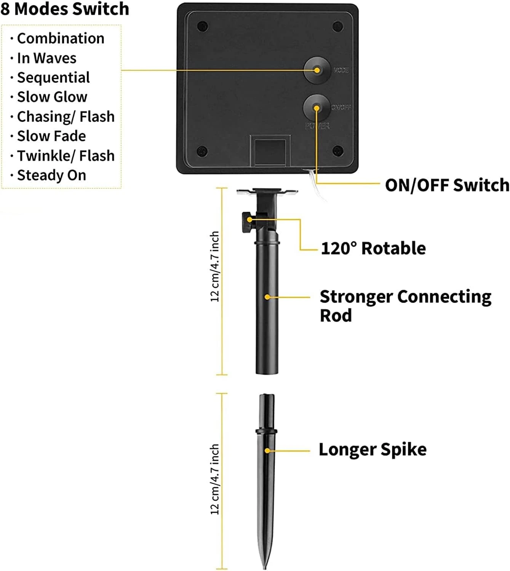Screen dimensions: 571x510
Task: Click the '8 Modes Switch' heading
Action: click(x=65, y=9)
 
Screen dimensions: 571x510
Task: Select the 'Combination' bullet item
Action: click(x=61, y=38)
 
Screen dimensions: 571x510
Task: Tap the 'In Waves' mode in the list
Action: click(x=46, y=58)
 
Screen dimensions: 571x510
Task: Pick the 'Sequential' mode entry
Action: click(x=53, y=78)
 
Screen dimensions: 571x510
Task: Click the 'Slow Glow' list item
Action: click(x=52, y=97)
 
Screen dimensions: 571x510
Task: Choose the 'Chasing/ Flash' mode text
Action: click(x=66, y=116)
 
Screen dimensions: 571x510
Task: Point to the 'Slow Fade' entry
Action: click(x=51, y=136)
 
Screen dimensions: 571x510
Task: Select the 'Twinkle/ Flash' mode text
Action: click(x=66, y=156)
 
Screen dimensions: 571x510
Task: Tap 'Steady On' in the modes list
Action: click(x=51, y=175)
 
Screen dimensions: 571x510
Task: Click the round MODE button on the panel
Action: click(x=317, y=70)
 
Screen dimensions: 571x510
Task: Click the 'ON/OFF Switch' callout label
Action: click(x=447, y=185)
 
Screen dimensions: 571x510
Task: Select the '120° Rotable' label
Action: click(x=373, y=248)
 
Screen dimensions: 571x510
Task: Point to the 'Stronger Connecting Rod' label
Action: click(x=405, y=306)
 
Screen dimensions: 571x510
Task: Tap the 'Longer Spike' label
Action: click(x=372, y=450)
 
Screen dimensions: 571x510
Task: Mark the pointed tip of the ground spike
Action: click(x=264, y=565)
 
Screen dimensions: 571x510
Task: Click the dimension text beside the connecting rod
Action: click(x=215, y=266)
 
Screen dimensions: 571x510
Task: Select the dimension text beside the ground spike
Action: click(x=215, y=480)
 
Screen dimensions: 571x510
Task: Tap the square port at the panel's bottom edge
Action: click(x=270, y=152)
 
